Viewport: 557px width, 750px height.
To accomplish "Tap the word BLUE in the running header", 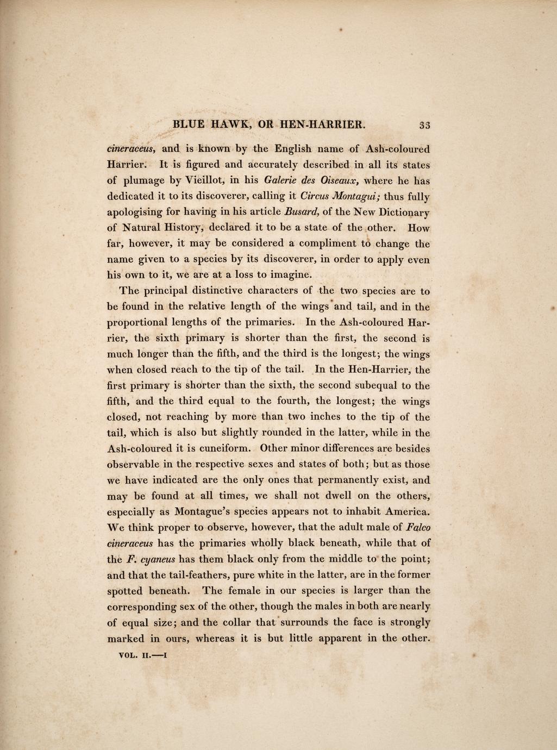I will click(x=189, y=124).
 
